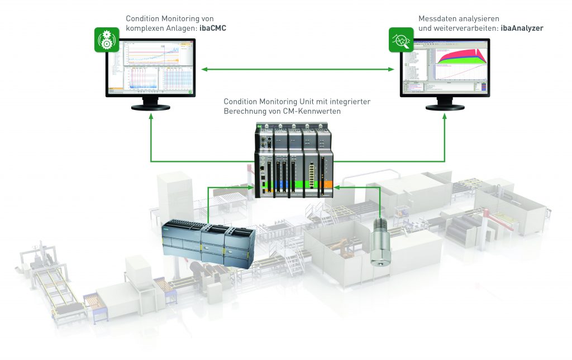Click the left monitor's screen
click(x=151, y=69)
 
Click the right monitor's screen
click(x=445, y=69)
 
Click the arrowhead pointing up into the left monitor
click(x=151, y=118)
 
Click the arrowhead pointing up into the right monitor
click(x=445, y=118)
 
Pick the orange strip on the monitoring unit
click(x=328, y=183)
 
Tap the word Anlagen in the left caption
click(x=182, y=28)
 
